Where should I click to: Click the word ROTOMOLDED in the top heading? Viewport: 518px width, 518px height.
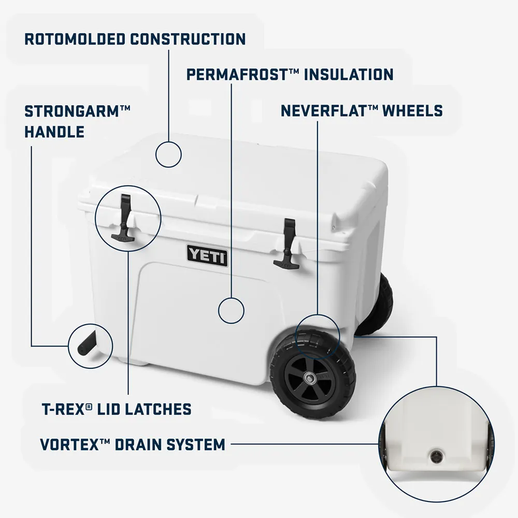click(74, 39)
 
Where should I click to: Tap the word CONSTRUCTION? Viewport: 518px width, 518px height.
click(188, 39)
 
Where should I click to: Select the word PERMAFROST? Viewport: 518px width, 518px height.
click(237, 74)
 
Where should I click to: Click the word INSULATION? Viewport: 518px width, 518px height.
click(349, 74)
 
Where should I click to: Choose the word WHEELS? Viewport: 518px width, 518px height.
click(413, 111)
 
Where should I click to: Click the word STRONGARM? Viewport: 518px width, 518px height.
click(72, 111)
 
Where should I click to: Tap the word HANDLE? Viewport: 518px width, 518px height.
click(54, 132)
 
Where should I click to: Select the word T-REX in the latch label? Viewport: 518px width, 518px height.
click(63, 409)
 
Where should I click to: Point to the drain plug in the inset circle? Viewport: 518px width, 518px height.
click(436, 456)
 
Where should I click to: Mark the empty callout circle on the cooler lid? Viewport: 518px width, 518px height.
click(168, 154)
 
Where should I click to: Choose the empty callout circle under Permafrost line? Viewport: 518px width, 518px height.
click(231, 310)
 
